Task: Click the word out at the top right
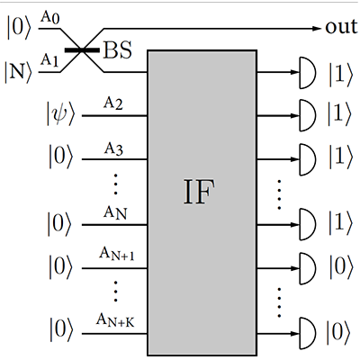tap(342, 28)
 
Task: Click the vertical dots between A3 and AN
tap(113, 187)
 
